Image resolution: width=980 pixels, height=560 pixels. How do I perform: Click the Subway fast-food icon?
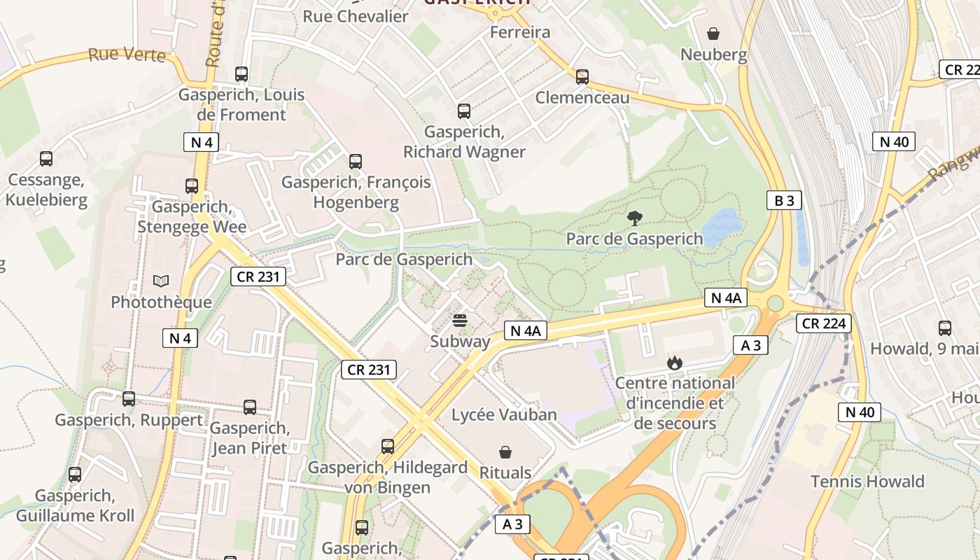460,321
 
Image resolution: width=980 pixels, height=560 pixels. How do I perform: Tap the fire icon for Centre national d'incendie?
674,362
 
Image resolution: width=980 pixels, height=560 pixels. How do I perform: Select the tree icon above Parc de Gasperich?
634,218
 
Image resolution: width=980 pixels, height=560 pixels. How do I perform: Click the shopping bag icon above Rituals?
505,452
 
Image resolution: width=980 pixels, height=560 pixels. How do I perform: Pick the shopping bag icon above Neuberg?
713,34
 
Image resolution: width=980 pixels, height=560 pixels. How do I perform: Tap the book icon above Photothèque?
161,281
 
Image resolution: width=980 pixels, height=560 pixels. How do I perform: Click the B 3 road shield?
783,201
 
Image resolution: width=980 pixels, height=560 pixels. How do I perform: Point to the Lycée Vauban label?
504,414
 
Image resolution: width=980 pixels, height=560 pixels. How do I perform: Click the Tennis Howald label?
867,482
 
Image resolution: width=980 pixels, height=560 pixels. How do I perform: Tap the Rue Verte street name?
127,55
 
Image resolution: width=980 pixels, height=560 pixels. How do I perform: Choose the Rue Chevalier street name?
355,16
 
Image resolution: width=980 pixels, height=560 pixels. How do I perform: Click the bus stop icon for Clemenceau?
582,77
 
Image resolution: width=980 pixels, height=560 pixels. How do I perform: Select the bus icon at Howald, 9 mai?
944,328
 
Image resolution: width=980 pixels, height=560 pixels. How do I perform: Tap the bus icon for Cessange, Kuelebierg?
46,159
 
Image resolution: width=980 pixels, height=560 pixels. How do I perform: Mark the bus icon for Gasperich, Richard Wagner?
463,111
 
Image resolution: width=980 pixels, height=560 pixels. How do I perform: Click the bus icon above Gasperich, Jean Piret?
249,407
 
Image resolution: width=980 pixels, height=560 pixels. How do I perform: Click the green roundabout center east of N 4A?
775,304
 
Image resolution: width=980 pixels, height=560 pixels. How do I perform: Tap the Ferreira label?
519,32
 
